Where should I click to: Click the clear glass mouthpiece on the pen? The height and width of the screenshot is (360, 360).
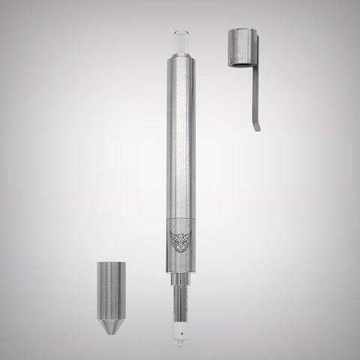tap(180, 43)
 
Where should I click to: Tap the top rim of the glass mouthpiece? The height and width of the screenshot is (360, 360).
tap(180, 33)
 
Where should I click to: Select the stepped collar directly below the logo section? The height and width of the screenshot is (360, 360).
tap(180, 278)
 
